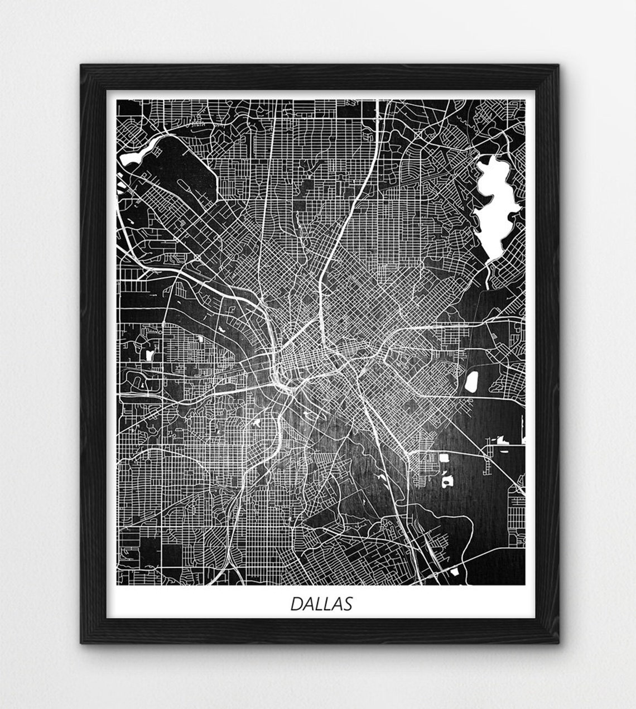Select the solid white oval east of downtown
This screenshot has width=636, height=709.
point(471,382)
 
